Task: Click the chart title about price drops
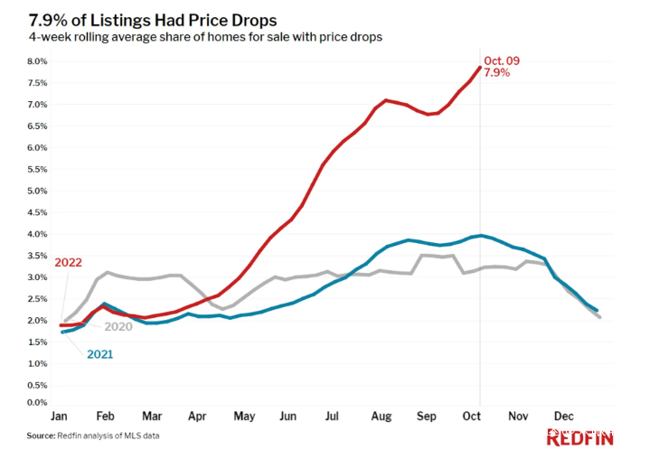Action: tap(153, 19)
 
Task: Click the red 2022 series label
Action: tap(69, 263)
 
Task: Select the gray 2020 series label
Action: tap(118, 326)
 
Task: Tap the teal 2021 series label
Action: tap(99, 354)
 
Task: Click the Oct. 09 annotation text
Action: tap(502, 61)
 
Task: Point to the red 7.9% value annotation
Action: tap(497, 73)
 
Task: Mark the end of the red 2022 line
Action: tap(479, 67)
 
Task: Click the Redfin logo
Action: tap(579, 438)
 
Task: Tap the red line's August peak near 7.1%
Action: tap(386, 100)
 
